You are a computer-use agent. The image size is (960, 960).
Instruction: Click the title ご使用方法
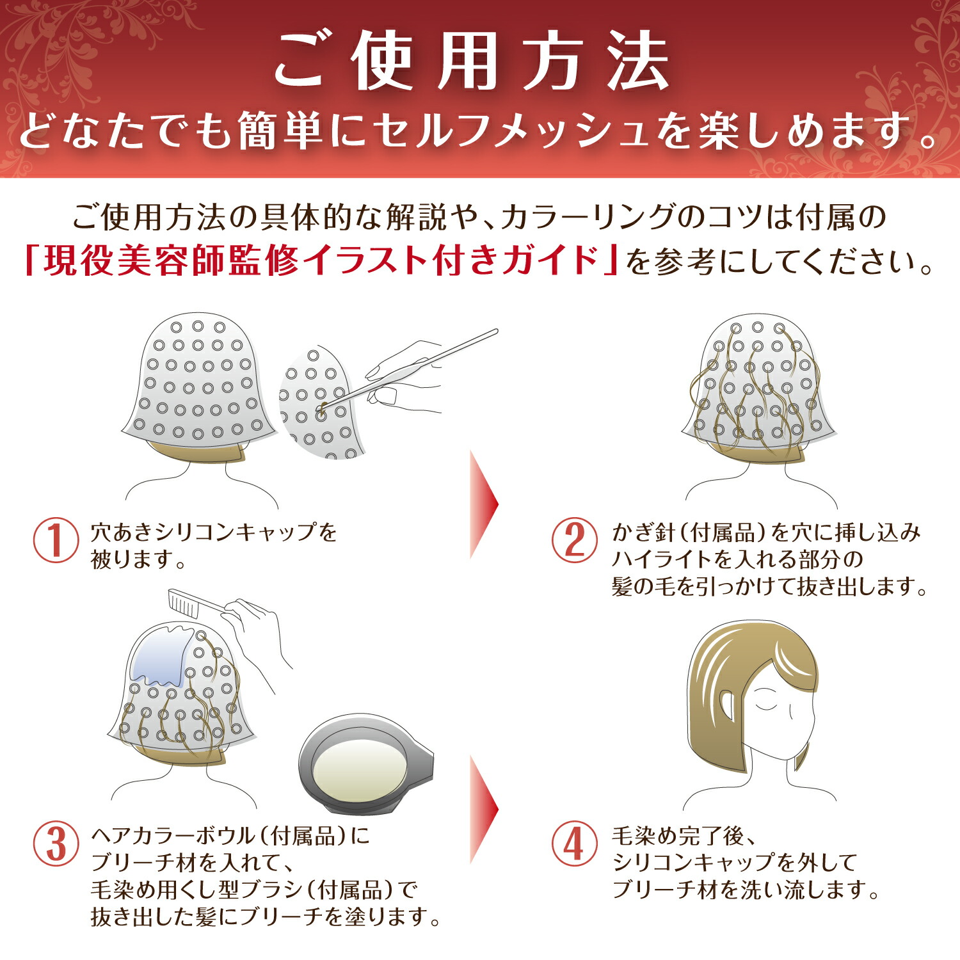[472, 63]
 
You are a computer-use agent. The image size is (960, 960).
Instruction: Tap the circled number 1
[56, 540]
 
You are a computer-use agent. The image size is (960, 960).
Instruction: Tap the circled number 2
[574, 540]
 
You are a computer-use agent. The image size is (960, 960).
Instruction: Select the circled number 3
[56, 844]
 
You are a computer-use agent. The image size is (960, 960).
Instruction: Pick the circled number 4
[574, 844]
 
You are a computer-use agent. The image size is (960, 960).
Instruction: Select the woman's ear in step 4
[726, 705]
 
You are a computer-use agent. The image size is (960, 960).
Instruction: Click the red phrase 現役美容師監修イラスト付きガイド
[320, 260]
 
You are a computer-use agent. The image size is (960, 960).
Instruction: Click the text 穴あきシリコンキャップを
[214, 532]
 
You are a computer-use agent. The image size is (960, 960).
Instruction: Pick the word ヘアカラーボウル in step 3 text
[173, 835]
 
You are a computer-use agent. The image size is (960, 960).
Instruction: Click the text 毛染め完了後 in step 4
[678, 835]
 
